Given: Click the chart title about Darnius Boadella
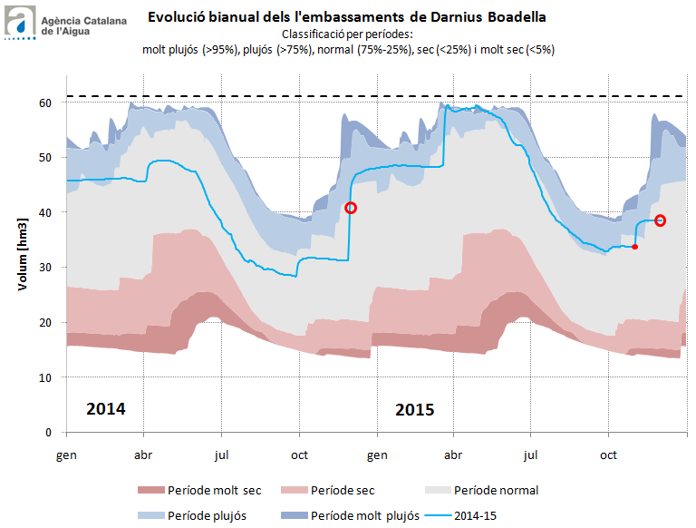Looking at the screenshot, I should coord(347,16).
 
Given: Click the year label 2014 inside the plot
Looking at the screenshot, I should coord(106,408).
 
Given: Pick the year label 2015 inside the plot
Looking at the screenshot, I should coord(415,408).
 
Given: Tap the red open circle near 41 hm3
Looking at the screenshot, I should coord(351,208).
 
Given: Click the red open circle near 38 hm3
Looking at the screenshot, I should coord(661,220).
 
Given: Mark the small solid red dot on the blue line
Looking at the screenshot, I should coord(634,247).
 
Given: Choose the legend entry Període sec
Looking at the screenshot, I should coord(342,491).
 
